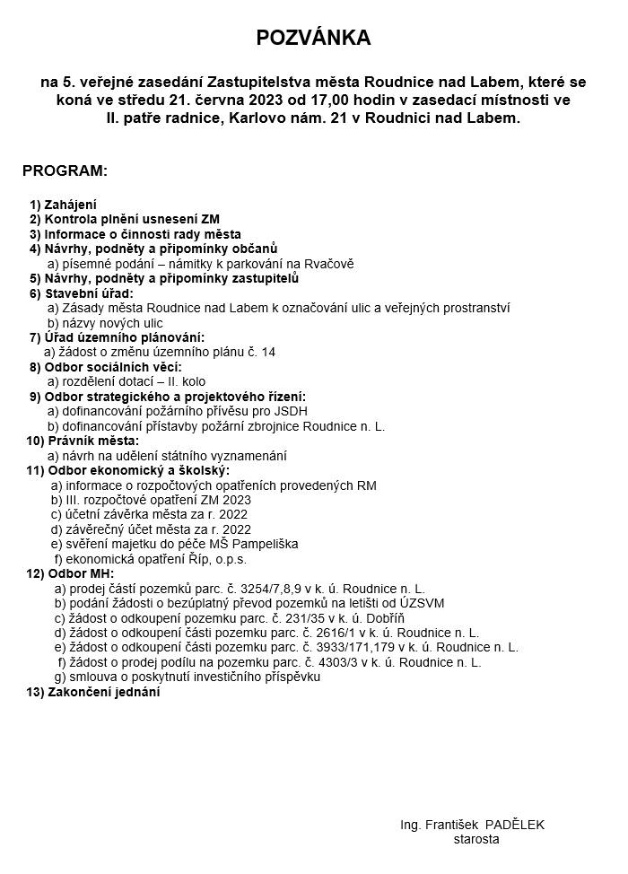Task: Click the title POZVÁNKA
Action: coord(313,38)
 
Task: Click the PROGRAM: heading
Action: coord(65,170)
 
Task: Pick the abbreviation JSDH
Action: coord(291,411)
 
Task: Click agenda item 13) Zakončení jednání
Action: coord(93,692)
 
